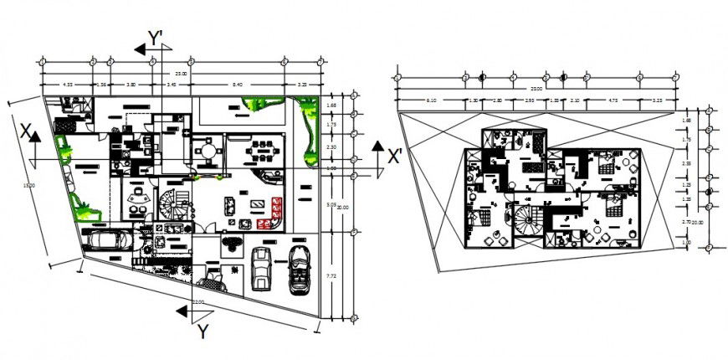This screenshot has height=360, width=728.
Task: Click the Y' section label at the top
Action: tap(155, 38)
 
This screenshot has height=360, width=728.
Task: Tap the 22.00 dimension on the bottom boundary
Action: tap(197, 301)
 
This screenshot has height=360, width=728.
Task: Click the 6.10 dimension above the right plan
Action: tap(432, 100)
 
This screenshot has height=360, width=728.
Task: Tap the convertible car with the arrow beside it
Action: tap(298, 268)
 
